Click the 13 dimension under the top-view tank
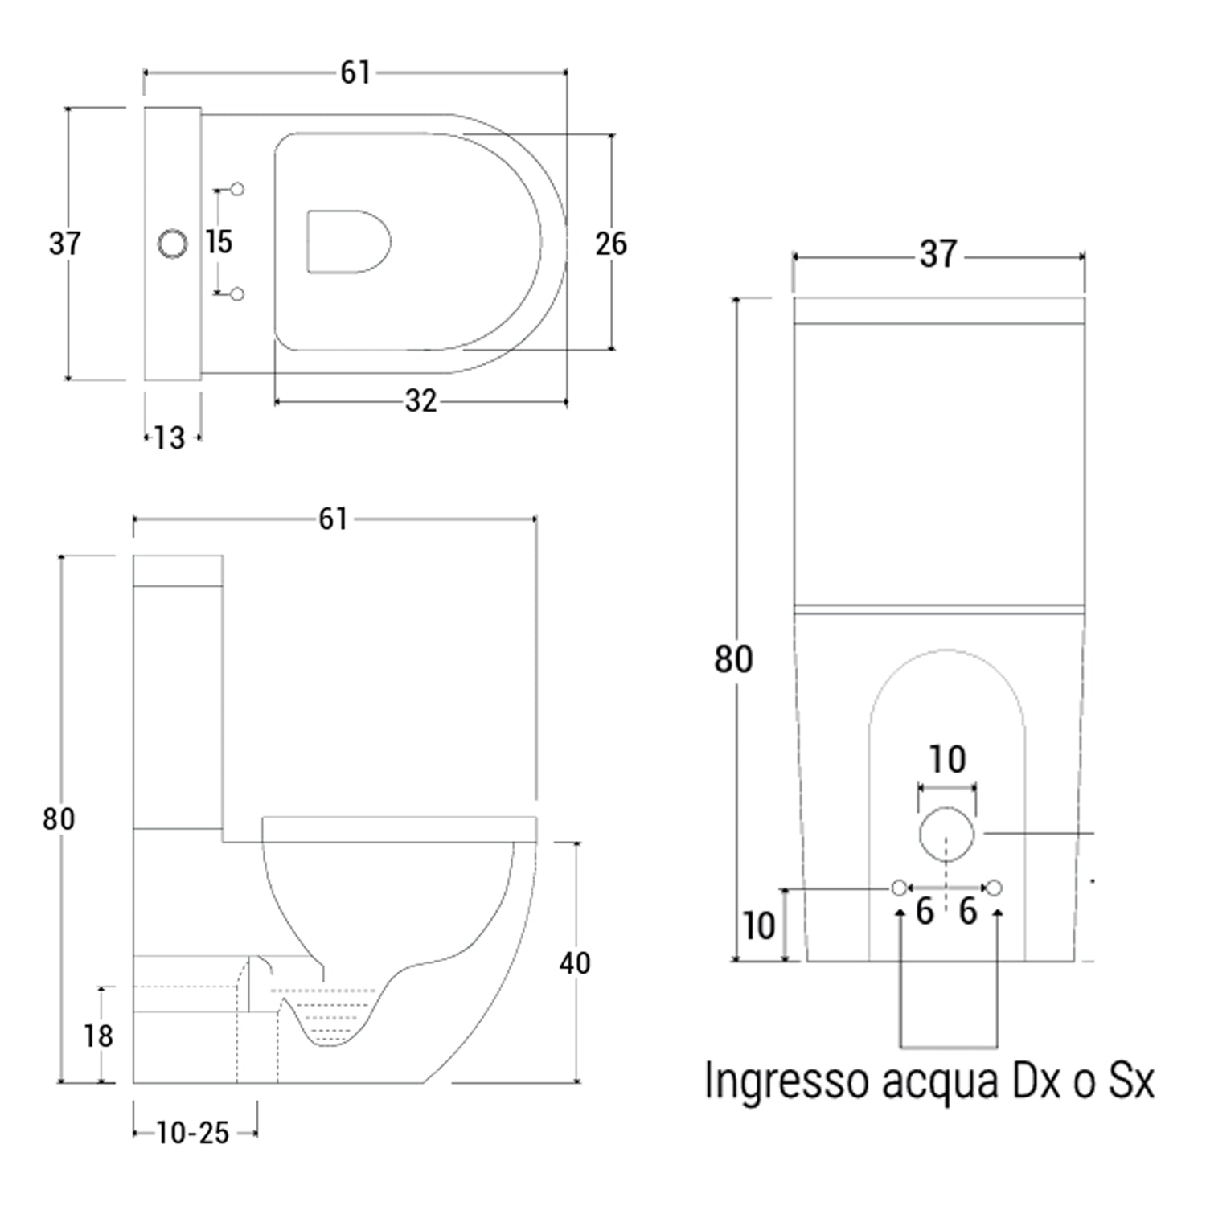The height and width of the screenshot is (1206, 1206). point(170,438)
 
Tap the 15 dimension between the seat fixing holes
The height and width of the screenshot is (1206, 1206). point(218,241)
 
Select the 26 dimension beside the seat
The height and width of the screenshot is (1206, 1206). point(611,244)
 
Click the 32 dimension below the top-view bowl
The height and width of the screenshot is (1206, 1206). point(420,400)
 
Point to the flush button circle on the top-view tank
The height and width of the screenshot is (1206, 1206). point(172,243)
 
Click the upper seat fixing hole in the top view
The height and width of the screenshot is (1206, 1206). point(237,189)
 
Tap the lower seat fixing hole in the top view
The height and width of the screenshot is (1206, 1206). point(237,294)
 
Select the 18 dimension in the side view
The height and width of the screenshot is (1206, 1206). point(98,1036)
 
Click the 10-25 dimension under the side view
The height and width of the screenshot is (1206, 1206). point(193,1133)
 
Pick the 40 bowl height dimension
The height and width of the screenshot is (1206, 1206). point(574,962)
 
